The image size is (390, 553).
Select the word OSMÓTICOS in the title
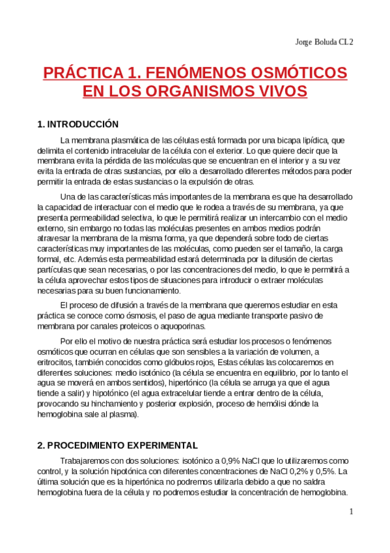(x=295, y=72)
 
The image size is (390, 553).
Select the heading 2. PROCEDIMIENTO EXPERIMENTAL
(x=117, y=445)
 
